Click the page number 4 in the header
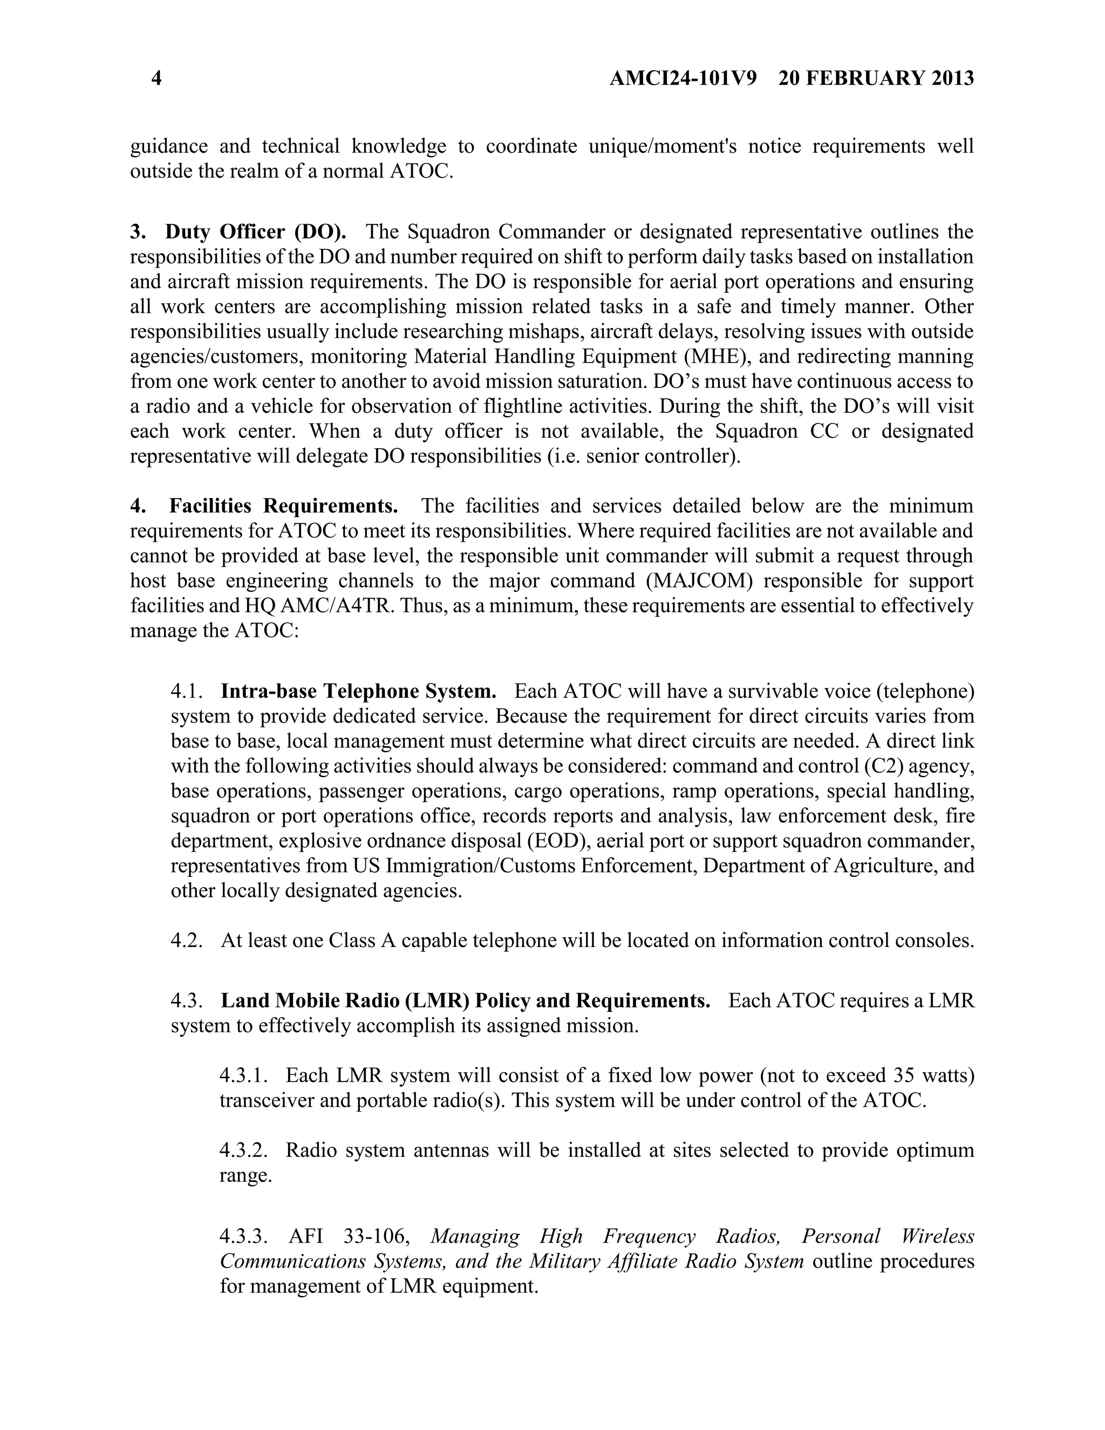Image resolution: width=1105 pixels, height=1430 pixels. click(156, 79)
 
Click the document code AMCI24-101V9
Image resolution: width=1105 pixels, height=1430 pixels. click(683, 79)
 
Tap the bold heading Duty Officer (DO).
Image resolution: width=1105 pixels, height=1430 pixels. click(255, 232)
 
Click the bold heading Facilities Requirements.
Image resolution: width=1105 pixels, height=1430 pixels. click(283, 506)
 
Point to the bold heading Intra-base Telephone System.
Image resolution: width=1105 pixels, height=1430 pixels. click(358, 691)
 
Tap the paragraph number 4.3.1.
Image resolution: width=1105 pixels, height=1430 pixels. click(243, 1076)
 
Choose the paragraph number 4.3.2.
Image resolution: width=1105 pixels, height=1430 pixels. click(243, 1150)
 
